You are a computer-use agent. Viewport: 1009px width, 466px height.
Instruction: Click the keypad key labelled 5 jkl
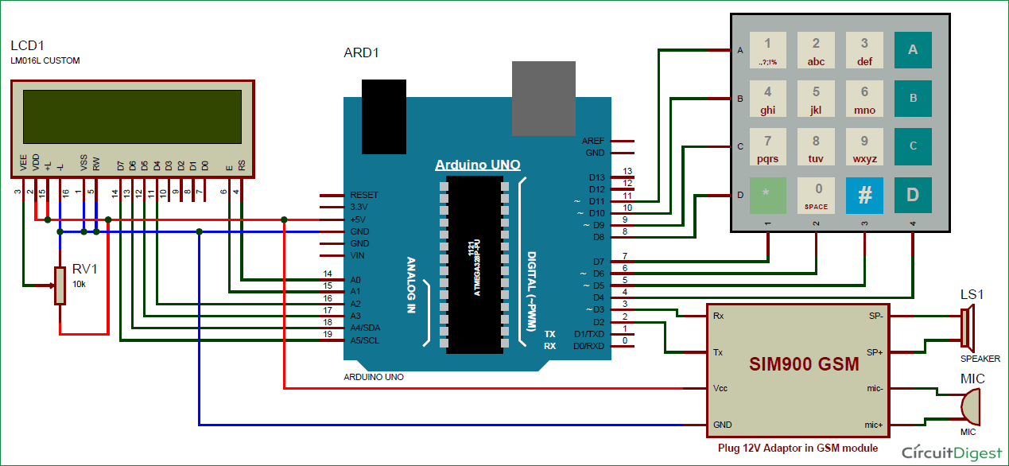tap(816, 99)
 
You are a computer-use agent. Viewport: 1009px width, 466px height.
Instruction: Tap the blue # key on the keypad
tap(864, 196)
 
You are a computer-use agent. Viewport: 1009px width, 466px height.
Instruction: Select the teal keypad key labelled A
tap(913, 50)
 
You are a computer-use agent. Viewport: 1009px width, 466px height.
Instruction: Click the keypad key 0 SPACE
tap(816, 196)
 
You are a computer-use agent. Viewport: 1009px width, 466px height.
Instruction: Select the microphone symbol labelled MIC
tap(969, 407)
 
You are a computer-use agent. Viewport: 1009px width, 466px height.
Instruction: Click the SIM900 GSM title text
tap(804, 365)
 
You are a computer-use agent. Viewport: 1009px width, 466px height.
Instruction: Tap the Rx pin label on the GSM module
tap(718, 316)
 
